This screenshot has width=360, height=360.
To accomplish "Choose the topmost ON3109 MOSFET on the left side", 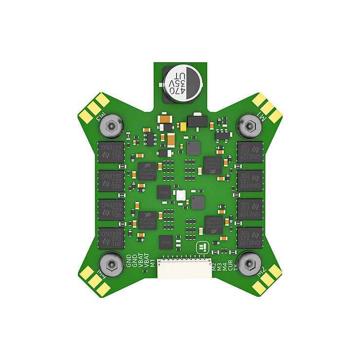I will (110, 152).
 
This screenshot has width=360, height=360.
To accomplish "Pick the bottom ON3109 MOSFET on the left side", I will (110, 238).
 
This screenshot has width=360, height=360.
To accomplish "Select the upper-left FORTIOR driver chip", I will (147, 171).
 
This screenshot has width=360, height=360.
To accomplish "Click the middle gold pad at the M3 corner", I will (95, 108).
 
